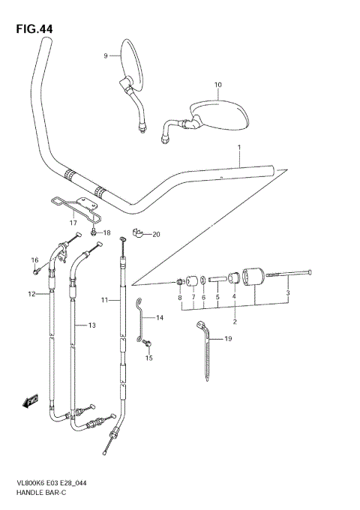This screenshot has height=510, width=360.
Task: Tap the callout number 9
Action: pos(106,55)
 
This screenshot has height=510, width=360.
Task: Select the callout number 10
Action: pos(217,85)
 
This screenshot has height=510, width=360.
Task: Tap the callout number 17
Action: pos(73,222)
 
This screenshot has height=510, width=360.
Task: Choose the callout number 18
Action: pos(106,233)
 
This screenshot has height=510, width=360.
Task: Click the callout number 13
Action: pos(91,325)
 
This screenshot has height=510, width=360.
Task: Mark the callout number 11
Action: pos(106,300)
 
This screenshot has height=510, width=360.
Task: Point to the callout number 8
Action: pos(179,298)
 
